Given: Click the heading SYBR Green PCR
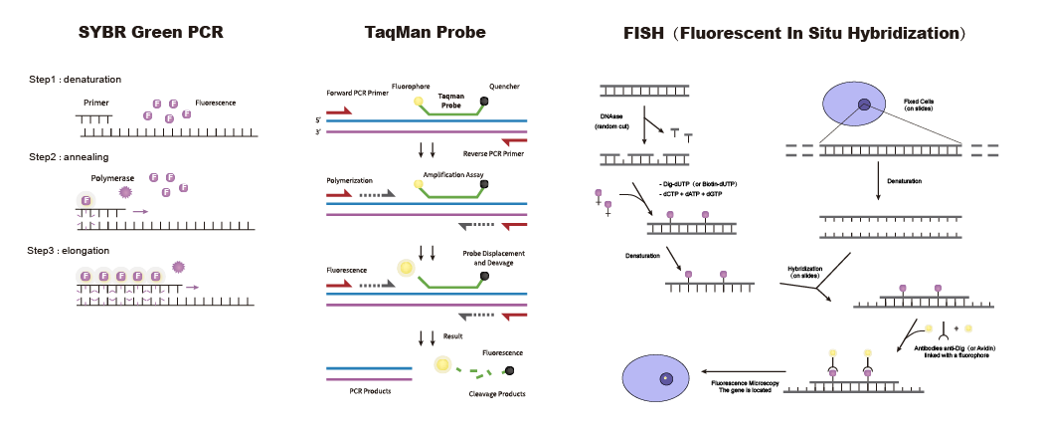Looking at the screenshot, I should click(151, 33).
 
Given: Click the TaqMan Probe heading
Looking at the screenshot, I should click(425, 33).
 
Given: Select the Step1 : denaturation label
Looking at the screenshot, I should click(76, 79).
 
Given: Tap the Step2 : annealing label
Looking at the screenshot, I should click(69, 157).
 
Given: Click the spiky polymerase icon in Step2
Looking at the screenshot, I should click(126, 192).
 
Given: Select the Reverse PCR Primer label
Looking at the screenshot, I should click(493, 153).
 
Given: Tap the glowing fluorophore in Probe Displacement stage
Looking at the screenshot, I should click(406, 267).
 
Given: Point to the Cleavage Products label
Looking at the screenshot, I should click(496, 393).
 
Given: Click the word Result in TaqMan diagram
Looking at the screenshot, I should click(452, 336).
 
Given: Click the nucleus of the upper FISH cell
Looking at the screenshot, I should click(865, 105).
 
